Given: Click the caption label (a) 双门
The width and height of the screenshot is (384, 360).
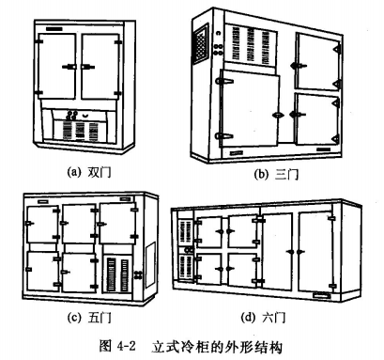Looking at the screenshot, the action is click(89, 172).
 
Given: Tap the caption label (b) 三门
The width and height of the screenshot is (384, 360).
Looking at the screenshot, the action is click(276, 174).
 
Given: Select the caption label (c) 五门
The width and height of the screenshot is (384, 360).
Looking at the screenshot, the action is click(89, 317).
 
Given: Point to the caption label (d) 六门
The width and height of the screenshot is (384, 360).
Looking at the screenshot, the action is click(263, 317).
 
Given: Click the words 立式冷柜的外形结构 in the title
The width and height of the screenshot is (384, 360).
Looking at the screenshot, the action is click(217, 346).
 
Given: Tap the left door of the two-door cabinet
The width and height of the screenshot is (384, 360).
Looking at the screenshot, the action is click(56, 67).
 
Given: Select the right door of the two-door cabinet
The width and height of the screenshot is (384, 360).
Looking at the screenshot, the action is click(100, 67).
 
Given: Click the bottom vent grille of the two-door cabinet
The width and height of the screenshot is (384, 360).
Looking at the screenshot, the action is click(80, 131).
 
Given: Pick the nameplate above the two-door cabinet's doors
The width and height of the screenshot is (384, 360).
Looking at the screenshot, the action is click(54, 29).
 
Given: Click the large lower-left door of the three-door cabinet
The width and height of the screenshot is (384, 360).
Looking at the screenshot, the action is click(250, 108).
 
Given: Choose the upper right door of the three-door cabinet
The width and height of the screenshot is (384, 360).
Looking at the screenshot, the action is click(317, 62).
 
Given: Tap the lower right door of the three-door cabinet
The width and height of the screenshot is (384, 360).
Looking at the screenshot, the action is click(316, 119).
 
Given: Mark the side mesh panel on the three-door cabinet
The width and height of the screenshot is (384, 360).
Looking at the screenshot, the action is click(201, 43).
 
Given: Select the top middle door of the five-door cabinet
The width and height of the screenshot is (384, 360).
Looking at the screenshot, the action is click(79, 224).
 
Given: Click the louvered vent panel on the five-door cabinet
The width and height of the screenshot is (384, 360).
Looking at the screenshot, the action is click(118, 274).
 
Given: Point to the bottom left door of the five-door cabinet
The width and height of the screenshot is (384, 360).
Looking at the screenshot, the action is click(42, 271).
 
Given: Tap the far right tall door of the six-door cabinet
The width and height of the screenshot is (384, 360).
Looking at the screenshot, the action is click(315, 252).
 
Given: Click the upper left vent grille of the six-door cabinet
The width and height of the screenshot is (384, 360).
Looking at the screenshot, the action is click(185, 231).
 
